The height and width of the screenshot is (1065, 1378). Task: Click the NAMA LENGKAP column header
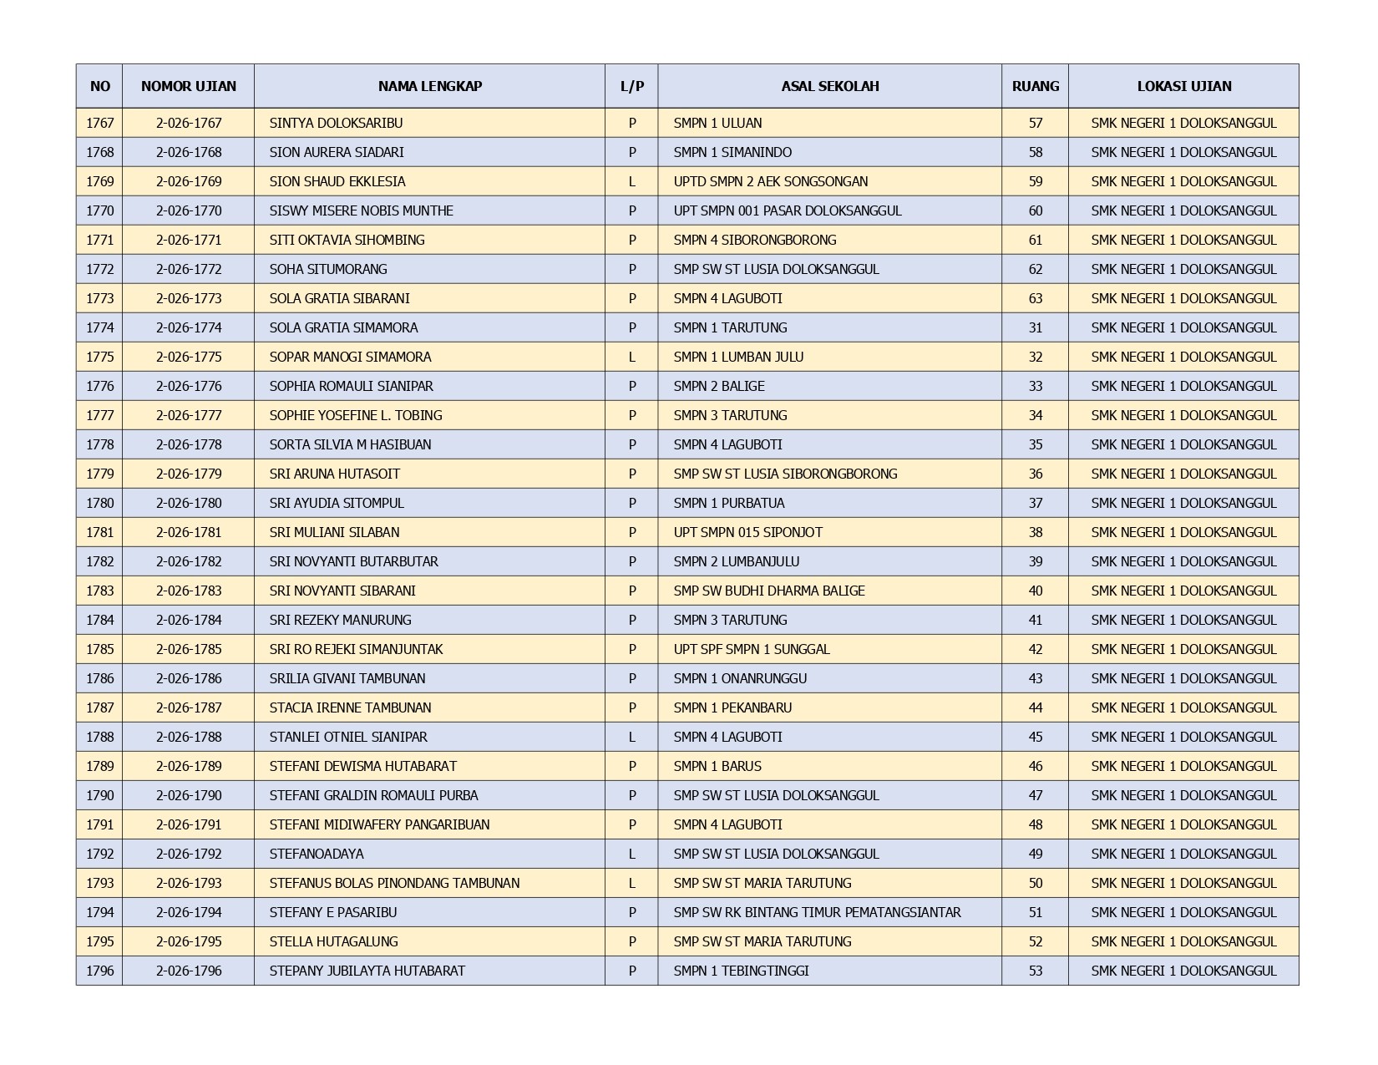click(429, 86)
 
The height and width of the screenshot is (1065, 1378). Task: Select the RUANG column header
click(1035, 86)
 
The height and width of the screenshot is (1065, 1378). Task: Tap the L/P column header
click(631, 86)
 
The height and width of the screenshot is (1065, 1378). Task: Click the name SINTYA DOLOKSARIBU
click(336, 123)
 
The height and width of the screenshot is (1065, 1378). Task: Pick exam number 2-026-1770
click(189, 210)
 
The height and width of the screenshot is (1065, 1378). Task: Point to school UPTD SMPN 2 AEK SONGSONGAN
click(770, 181)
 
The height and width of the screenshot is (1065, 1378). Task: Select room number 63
click(1035, 298)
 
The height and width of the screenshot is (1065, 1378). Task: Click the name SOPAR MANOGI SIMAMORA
click(350, 357)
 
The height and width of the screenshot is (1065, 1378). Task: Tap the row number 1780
click(99, 503)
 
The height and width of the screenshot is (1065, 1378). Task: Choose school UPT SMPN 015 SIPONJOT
click(747, 532)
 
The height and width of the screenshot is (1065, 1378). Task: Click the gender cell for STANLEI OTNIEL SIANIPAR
click(631, 737)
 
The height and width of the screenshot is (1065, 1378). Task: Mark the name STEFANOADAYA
click(316, 854)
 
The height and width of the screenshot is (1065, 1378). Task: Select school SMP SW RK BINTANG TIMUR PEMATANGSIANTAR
click(817, 912)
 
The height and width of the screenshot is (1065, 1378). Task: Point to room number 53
click(1035, 971)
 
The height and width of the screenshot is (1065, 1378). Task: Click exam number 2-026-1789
click(189, 766)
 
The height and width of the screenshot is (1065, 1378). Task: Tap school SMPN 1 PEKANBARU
click(732, 707)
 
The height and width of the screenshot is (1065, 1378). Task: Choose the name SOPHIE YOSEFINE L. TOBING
click(356, 415)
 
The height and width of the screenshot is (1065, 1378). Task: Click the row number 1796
click(99, 971)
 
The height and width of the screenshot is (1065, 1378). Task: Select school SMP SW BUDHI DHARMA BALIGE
click(768, 591)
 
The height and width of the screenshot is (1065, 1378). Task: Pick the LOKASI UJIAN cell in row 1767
click(1183, 123)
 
